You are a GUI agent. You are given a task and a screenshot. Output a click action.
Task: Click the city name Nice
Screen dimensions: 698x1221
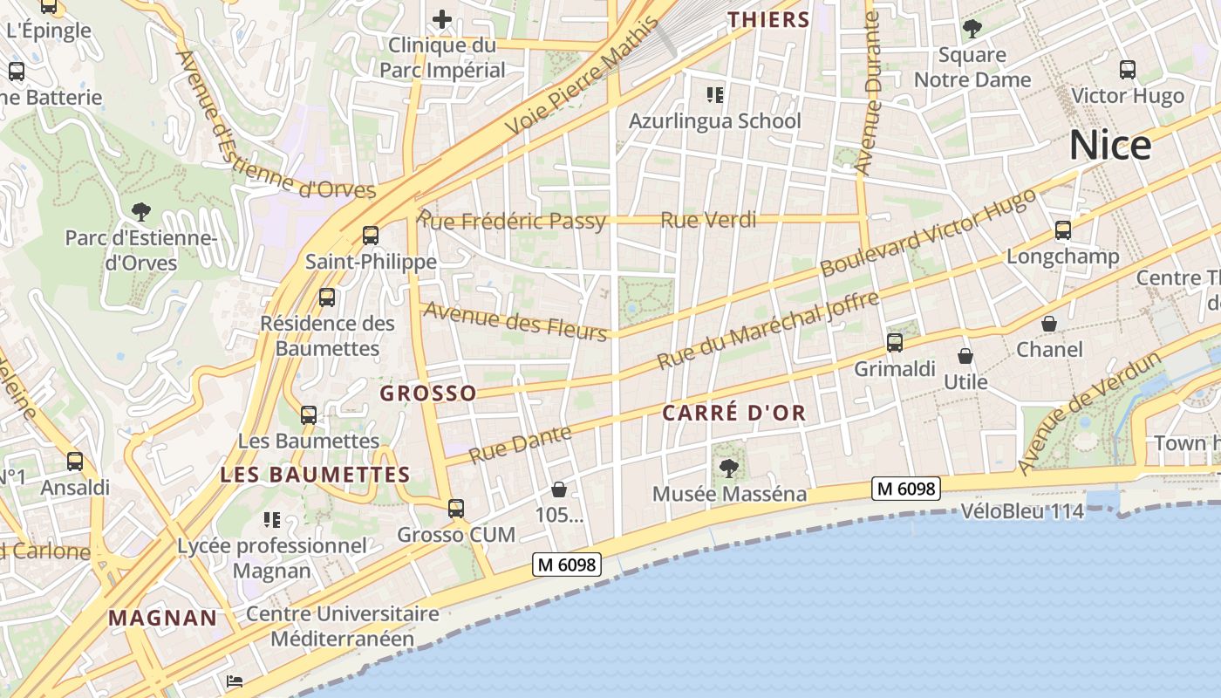pyautogui.click(x=1110, y=145)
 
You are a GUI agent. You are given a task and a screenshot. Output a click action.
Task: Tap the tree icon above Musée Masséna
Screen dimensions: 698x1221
pyautogui.click(x=728, y=469)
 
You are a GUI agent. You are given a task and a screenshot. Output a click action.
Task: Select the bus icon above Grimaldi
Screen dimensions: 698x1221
pyautogui.click(x=895, y=342)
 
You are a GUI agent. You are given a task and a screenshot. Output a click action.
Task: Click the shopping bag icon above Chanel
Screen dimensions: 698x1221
pyautogui.click(x=1049, y=324)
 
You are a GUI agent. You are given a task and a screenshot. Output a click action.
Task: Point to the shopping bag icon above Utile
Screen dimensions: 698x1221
pyautogui.click(x=965, y=356)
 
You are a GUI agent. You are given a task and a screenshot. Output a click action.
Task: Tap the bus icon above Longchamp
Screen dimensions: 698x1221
pyautogui.click(x=1062, y=230)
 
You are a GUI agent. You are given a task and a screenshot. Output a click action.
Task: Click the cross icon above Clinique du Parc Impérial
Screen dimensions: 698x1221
pyautogui.click(x=442, y=19)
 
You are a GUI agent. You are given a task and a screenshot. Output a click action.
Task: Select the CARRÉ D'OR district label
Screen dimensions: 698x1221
pyautogui.click(x=733, y=413)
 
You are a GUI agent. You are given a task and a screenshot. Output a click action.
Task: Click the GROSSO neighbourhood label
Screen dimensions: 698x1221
pyautogui.click(x=428, y=393)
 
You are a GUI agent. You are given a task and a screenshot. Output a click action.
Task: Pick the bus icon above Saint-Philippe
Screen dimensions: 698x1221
pyautogui.click(x=371, y=235)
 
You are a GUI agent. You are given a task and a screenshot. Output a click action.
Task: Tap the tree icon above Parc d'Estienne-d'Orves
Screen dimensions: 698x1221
pyautogui.click(x=140, y=211)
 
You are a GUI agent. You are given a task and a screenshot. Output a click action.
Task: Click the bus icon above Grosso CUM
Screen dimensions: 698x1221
pyautogui.click(x=455, y=508)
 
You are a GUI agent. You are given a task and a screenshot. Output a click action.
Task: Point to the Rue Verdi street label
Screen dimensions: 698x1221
pyautogui.click(x=708, y=220)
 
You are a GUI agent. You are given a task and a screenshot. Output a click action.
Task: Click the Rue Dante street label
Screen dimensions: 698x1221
pyautogui.click(x=520, y=444)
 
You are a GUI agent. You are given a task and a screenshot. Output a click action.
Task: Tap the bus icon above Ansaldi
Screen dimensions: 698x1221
pyautogui.click(x=75, y=461)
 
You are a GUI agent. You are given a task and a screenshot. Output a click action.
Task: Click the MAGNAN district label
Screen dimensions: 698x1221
pyautogui.click(x=163, y=619)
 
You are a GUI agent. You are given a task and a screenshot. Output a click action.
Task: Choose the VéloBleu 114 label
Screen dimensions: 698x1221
pyautogui.click(x=1022, y=511)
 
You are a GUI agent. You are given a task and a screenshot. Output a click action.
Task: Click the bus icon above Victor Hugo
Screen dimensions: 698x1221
pyautogui.click(x=1127, y=70)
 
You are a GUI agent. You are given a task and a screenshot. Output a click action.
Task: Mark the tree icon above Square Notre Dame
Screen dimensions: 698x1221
pyautogui.click(x=972, y=29)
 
